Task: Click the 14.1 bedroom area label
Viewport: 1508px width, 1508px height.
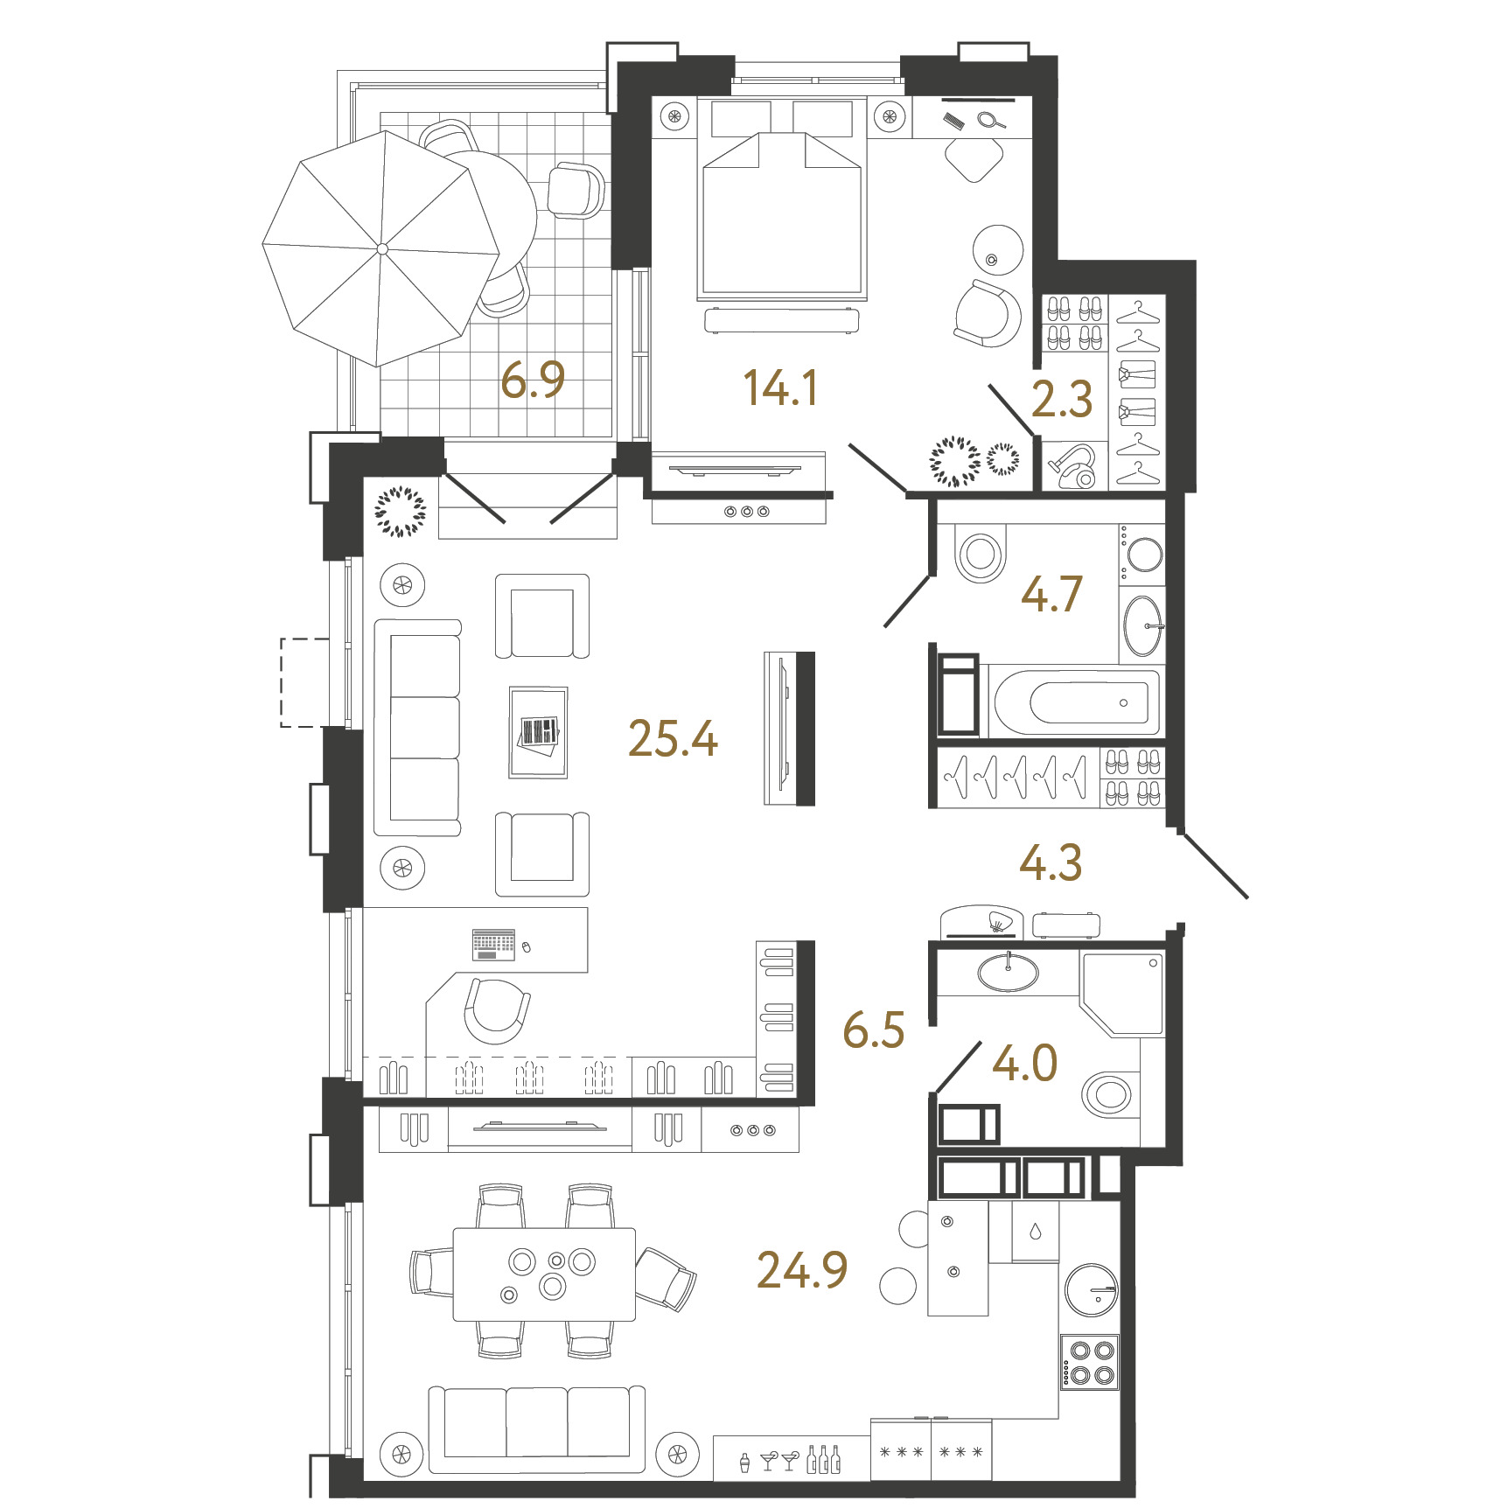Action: pyautogui.click(x=781, y=388)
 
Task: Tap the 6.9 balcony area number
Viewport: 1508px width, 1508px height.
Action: pyautogui.click(x=533, y=380)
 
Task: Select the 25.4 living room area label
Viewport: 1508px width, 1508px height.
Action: pyautogui.click(x=673, y=739)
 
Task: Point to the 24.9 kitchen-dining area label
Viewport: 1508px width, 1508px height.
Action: pyautogui.click(x=802, y=1270)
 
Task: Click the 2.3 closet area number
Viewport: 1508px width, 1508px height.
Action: pyautogui.click(x=1062, y=400)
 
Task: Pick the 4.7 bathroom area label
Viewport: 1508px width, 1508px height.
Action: pyautogui.click(x=1051, y=594)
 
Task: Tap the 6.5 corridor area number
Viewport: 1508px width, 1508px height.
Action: pyautogui.click(x=874, y=1030)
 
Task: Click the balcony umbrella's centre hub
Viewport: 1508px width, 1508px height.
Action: pyautogui.click(x=382, y=249)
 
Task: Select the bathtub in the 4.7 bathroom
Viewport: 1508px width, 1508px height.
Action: pyautogui.click(x=1076, y=702)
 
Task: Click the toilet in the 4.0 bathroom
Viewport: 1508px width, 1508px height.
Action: pyautogui.click(x=1110, y=1094)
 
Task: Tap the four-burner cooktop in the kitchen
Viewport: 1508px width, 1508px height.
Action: pyautogui.click(x=1090, y=1362)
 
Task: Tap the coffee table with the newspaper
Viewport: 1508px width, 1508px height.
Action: pyautogui.click(x=539, y=732)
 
